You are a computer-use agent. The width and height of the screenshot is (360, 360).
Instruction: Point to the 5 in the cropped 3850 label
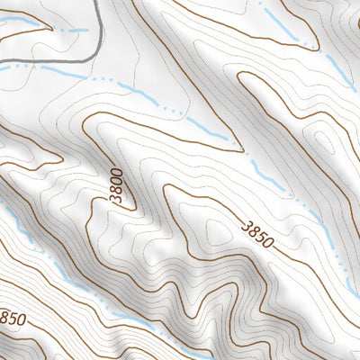11,318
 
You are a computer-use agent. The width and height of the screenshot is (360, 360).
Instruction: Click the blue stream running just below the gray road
54,69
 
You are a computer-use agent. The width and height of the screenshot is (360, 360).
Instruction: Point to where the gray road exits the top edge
94,2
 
